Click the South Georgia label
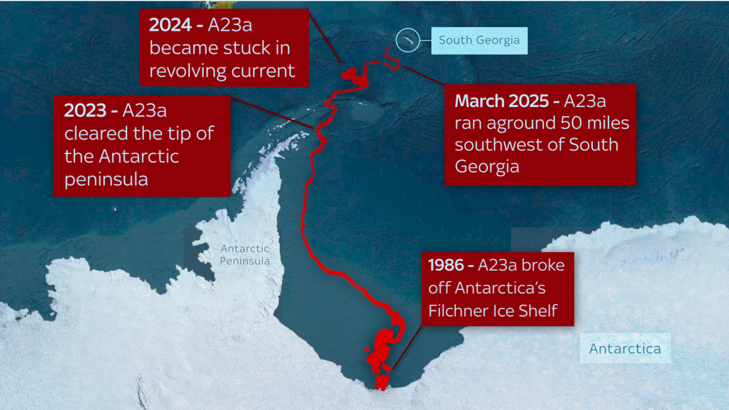[479, 41]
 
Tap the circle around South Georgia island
[408, 40]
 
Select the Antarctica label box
[625, 348]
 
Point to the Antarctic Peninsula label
[245, 255]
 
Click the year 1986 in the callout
[446, 265]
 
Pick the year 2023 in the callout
[85, 111]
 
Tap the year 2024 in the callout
[170, 25]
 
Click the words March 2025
[502, 101]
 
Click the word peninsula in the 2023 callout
[106, 179]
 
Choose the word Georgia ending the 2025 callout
[487, 167]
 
